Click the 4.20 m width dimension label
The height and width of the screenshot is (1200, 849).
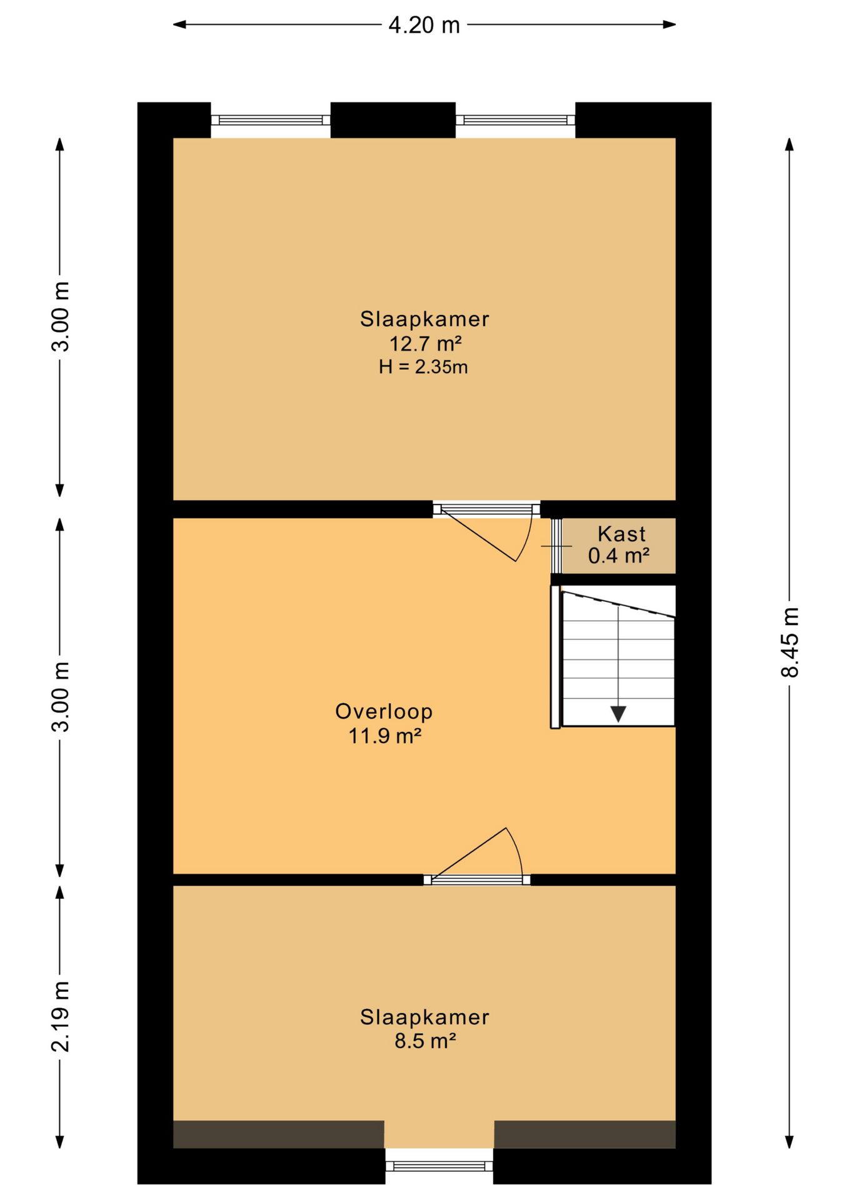click(424, 25)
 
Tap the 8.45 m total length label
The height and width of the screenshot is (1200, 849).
click(790, 642)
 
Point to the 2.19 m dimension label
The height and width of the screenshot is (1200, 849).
click(61, 1016)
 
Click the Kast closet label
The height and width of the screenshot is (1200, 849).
click(621, 534)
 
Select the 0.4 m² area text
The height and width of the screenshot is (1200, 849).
click(619, 555)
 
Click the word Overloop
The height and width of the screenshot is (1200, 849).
click(384, 711)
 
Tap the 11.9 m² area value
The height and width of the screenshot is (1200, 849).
click(384, 736)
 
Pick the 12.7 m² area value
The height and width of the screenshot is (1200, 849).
click(425, 343)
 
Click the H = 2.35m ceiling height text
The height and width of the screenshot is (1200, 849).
click(423, 367)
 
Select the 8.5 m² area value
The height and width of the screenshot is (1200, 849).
click(424, 1041)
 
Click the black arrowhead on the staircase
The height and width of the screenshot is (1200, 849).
click(618, 714)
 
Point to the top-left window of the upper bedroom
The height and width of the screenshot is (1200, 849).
click(271, 120)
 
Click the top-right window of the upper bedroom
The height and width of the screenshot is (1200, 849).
click(515, 120)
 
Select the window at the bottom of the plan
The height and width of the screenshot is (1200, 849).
click(439, 1166)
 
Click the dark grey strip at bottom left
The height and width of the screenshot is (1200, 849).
click(278, 1134)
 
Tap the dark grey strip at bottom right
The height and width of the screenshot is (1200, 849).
click(585, 1134)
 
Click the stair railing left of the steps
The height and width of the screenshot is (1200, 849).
click(555, 657)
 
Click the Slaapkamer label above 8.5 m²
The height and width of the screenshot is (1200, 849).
click(424, 1017)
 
